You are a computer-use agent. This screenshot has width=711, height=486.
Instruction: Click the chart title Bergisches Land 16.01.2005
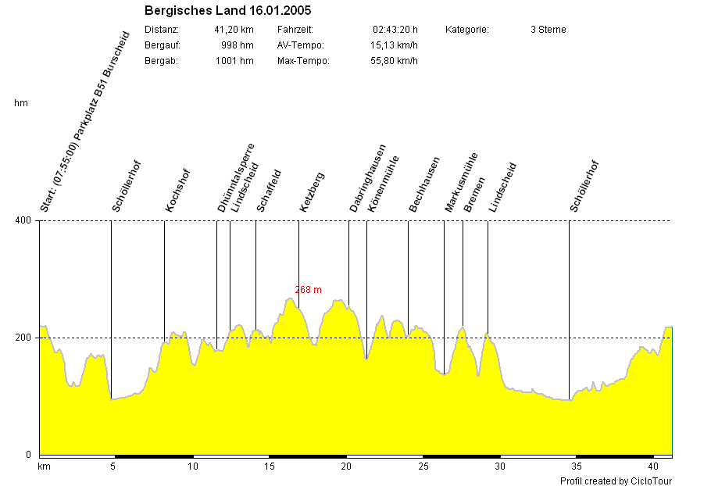(217, 12)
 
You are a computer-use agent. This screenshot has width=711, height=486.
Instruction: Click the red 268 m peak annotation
(308, 290)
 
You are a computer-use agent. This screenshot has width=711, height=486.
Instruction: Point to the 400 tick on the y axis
(23, 221)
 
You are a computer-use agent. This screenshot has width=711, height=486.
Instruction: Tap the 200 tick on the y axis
(23, 338)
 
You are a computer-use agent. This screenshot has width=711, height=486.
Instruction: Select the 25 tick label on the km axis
(423, 467)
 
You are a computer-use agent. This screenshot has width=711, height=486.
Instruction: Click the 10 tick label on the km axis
(192, 467)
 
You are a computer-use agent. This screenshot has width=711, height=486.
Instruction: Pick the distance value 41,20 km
(234, 30)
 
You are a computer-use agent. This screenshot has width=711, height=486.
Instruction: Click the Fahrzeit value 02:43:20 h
(395, 30)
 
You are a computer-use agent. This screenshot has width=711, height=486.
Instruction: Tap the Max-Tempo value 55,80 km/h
(394, 61)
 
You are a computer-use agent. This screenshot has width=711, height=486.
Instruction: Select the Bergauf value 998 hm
(238, 45)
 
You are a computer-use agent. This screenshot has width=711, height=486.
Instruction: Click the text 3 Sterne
(548, 30)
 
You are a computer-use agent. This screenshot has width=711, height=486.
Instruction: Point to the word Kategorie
(467, 30)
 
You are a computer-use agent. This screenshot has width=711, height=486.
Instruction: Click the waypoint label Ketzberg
(312, 192)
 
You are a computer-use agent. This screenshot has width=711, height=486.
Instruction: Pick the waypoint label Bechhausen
(424, 185)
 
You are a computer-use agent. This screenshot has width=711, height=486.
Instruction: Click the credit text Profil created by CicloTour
(616, 481)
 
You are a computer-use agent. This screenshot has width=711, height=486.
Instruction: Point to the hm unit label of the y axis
(21, 103)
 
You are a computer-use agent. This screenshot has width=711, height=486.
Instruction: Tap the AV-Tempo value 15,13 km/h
(394, 45)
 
